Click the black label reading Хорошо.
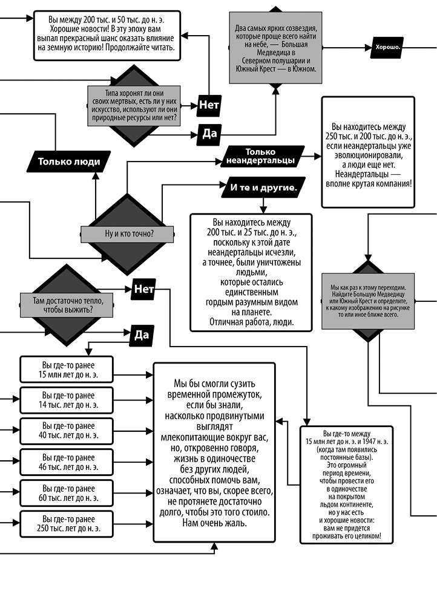tap(388, 47)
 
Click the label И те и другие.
tap(264, 188)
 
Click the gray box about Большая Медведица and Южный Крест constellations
tap(275, 48)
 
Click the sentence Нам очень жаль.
tap(214, 523)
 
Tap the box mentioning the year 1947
tap(344, 485)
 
